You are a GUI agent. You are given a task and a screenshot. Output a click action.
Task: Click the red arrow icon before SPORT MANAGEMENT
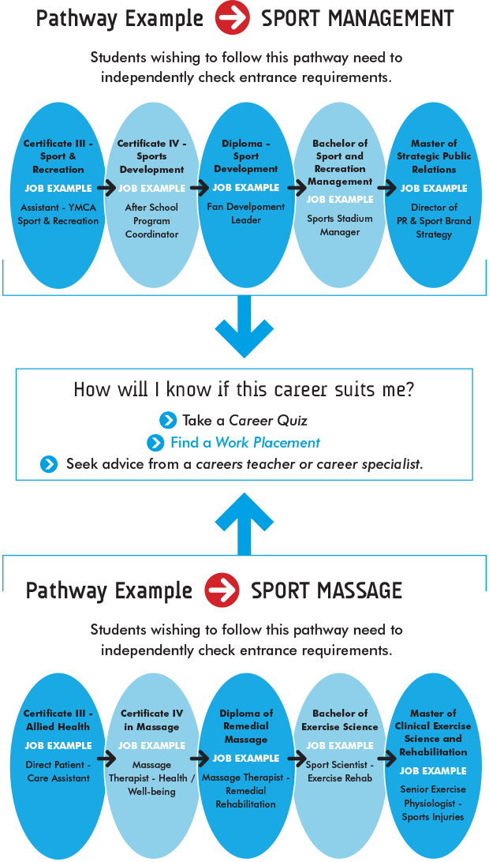(x=232, y=18)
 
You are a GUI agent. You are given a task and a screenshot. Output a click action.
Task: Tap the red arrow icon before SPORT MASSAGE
(x=222, y=590)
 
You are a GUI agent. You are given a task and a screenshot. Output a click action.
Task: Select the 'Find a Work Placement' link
(x=244, y=443)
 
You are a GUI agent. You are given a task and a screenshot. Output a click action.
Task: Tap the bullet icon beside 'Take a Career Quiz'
(x=168, y=421)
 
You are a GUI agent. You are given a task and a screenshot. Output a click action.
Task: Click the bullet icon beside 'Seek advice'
(x=49, y=464)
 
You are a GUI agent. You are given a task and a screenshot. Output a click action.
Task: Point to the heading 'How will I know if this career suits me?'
(x=244, y=389)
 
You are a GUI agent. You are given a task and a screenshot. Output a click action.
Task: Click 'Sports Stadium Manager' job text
(x=340, y=225)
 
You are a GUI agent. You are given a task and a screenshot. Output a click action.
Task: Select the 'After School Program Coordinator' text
(x=151, y=220)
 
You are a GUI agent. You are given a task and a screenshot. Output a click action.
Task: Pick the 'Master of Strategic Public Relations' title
(x=434, y=156)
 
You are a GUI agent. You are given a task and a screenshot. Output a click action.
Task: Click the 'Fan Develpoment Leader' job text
(x=246, y=213)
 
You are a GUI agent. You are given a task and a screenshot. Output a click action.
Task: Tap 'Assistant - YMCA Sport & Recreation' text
(x=58, y=214)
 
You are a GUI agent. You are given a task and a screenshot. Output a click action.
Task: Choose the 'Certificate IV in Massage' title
(x=151, y=720)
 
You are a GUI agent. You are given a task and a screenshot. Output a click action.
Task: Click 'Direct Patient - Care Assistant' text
(x=58, y=770)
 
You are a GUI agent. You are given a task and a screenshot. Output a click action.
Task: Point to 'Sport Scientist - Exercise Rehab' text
(x=340, y=771)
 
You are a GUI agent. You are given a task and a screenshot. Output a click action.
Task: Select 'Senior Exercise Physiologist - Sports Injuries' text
(x=433, y=803)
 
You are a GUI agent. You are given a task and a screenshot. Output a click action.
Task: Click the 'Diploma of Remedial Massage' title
(x=246, y=726)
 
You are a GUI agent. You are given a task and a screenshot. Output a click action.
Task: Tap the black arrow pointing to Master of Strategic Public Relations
(x=386, y=189)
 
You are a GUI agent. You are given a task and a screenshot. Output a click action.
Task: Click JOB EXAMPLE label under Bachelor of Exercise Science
(x=340, y=746)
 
